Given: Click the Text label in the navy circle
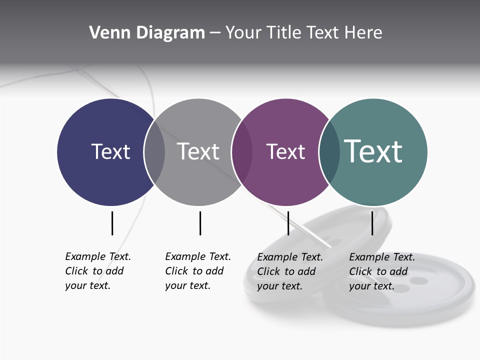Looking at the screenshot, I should pyautogui.click(x=110, y=151).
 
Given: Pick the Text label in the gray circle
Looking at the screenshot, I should pyautogui.click(x=198, y=151).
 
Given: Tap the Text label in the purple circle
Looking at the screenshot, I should pyautogui.click(x=285, y=151).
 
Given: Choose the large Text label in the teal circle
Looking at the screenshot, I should pyautogui.click(x=373, y=151).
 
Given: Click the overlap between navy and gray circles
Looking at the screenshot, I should pyautogui.click(x=154, y=152).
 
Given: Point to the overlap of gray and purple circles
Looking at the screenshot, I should pyautogui.click(x=242, y=152).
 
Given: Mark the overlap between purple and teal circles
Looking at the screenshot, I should pyautogui.click(x=329, y=152).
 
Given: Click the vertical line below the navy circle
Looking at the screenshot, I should pyautogui.click(x=112, y=223).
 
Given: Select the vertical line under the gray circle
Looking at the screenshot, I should pyautogui.click(x=200, y=223).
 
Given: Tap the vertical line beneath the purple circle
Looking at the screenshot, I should pyautogui.click(x=288, y=223).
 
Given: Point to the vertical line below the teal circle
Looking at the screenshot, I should pyautogui.click(x=372, y=223).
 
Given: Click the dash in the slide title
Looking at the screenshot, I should pyautogui.click(x=215, y=33).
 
